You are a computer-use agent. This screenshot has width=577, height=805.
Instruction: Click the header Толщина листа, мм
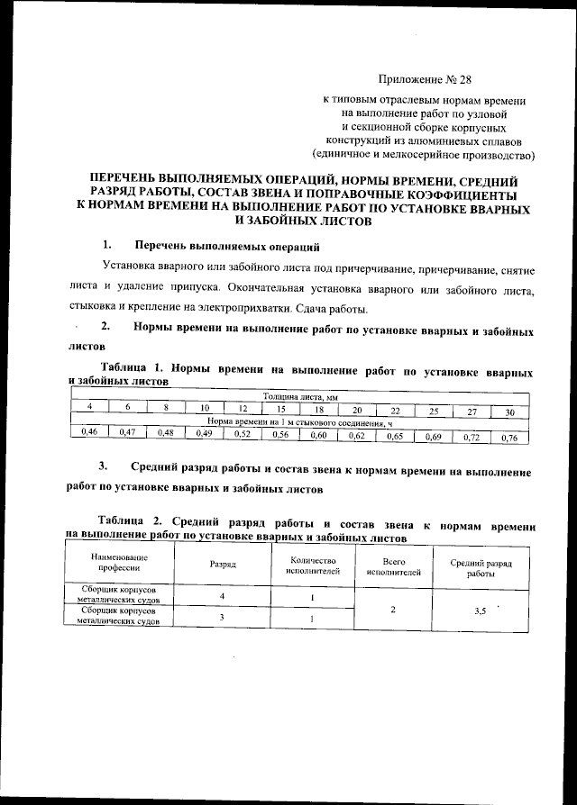298,397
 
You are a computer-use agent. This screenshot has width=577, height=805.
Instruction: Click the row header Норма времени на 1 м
298,421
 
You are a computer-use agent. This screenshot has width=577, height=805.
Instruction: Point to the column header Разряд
222,564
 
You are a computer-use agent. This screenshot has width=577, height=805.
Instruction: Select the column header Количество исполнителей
312,564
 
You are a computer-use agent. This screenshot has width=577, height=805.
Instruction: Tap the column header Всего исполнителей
394,565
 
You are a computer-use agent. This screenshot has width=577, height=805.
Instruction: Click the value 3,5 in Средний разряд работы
481,611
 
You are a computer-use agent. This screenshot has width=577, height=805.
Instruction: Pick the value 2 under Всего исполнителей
393,610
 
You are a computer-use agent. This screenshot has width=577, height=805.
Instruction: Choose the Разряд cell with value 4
221,596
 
